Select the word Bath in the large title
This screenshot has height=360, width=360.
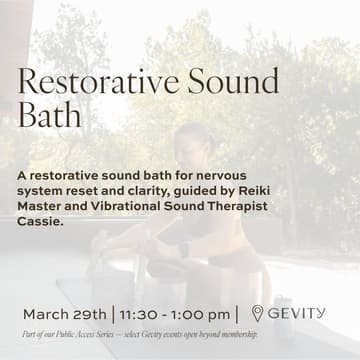50,114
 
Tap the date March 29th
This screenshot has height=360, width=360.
63,314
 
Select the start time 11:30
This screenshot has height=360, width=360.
140,314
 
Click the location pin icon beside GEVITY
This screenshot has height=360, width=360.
257,313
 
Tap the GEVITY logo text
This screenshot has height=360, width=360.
297,313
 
